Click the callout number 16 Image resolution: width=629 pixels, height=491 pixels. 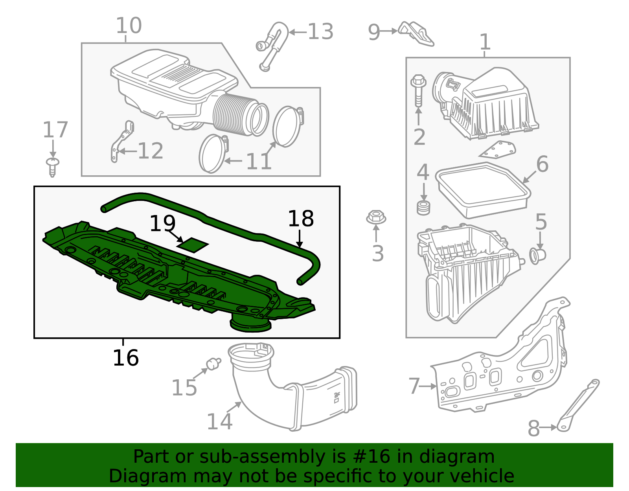125,358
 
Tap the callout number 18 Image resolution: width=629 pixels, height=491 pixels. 301,219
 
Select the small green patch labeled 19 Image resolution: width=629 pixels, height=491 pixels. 193,245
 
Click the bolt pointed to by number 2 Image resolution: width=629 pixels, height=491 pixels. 418,90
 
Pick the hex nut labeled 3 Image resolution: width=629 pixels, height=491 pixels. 376,217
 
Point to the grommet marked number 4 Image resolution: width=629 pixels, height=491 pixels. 423,207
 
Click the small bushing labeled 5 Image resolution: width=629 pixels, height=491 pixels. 538,256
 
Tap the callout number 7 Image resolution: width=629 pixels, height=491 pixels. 414,386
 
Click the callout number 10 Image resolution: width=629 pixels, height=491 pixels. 129,26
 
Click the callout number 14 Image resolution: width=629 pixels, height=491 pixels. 219,421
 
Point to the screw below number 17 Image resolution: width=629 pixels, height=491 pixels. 52,167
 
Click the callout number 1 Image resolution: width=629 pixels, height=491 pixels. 485,42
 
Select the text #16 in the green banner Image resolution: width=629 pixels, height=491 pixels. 372,457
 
